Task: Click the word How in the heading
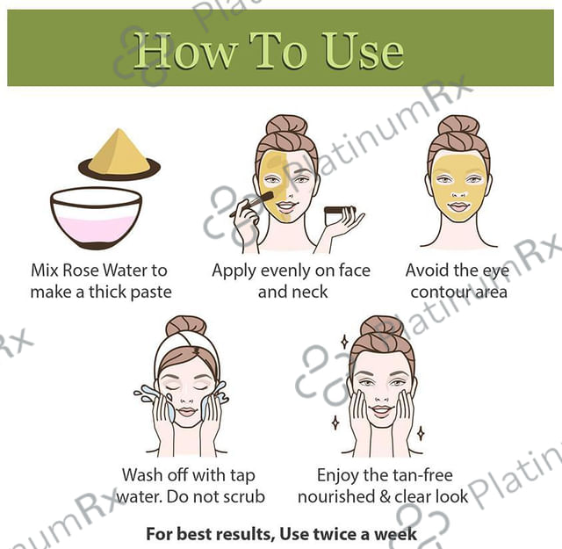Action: point(185,51)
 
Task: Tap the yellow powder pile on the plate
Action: point(119,152)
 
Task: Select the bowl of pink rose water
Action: point(96,218)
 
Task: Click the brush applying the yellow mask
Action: point(251,204)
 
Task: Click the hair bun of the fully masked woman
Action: point(458,125)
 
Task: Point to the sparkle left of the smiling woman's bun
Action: point(344,342)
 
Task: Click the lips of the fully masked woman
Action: point(459,207)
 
